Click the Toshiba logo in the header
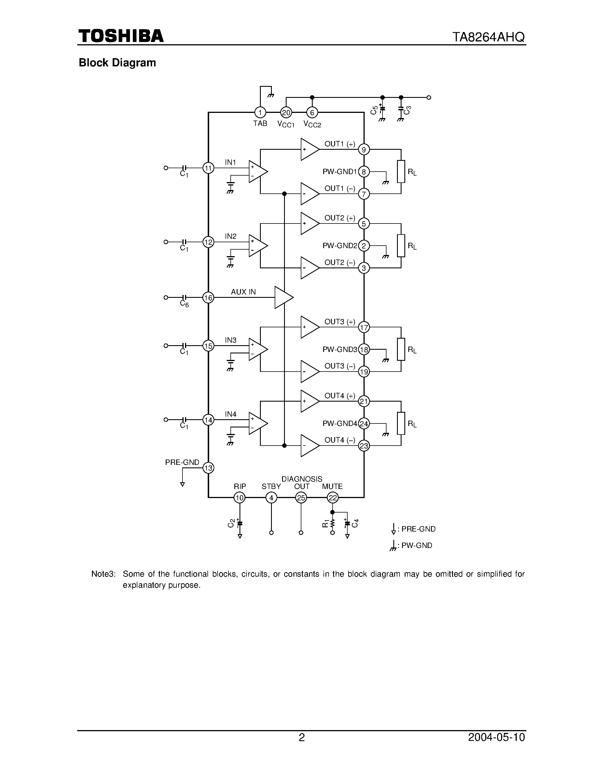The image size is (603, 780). (x=121, y=36)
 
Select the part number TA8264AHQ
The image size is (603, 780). (x=488, y=37)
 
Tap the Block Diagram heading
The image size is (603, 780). (x=117, y=63)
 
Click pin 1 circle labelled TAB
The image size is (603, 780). (x=260, y=113)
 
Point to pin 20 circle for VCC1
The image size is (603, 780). (x=286, y=113)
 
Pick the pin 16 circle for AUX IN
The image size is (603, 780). (x=208, y=298)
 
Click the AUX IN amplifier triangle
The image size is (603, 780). (x=283, y=297)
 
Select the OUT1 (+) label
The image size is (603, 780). (x=339, y=144)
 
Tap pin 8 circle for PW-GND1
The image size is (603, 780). (x=364, y=172)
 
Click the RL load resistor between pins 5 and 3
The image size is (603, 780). (x=401, y=246)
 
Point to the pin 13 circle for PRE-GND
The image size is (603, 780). (x=208, y=468)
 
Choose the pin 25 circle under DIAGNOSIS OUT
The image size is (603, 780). (x=301, y=497)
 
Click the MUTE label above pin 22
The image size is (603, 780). (x=332, y=486)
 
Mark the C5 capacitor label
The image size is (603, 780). (x=374, y=110)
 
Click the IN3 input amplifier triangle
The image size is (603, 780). (x=258, y=349)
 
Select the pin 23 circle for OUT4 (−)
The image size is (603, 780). (x=364, y=446)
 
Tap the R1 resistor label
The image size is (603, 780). (x=325, y=524)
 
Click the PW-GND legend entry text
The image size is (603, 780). (x=417, y=545)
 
